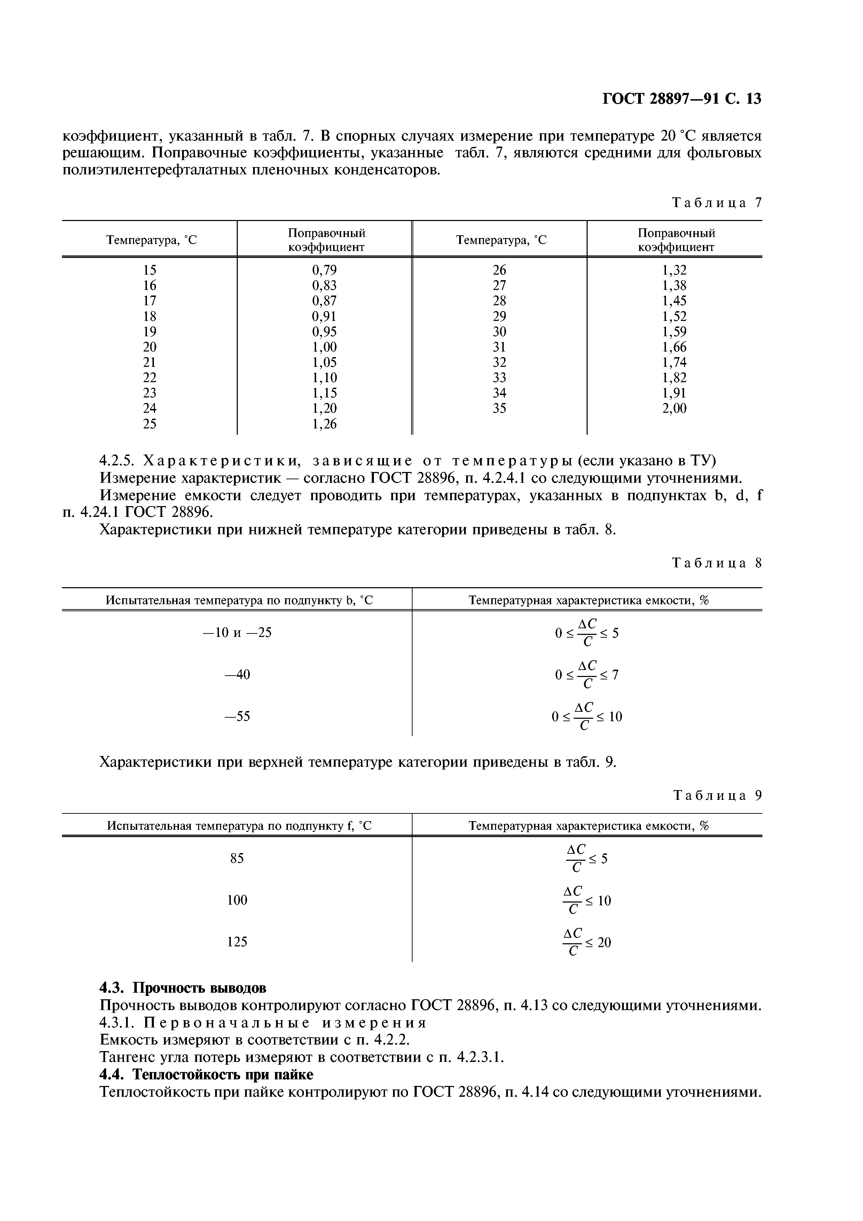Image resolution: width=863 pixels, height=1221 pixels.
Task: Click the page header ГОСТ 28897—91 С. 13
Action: [x=681, y=99]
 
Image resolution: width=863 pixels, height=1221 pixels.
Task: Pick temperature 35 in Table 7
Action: [x=499, y=408]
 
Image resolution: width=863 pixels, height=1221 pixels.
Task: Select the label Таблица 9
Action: [x=717, y=796]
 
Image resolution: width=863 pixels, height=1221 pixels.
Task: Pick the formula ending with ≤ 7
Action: [x=587, y=675]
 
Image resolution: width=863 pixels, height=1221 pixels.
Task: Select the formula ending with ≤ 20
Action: [x=587, y=942]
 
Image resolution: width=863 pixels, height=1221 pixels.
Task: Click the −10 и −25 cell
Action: [x=237, y=633]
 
